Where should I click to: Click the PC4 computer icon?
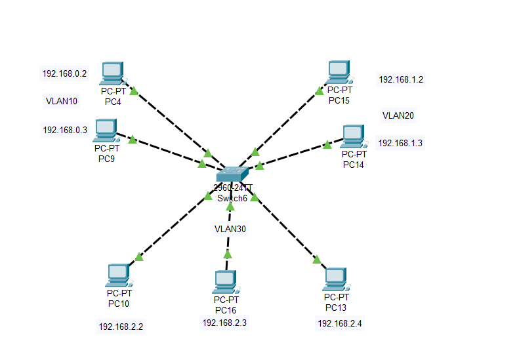click(113, 73)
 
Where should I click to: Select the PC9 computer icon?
click(106, 130)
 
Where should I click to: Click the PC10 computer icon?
click(118, 276)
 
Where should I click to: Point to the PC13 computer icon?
click(335, 279)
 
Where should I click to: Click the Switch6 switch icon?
click(232, 174)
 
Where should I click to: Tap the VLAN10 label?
click(62, 102)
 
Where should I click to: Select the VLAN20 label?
click(398, 115)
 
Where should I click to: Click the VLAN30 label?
click(230, 229)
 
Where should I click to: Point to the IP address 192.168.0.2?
click(64, 74)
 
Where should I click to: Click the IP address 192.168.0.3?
click(65, 130)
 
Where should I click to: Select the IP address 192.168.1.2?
click(401, 80)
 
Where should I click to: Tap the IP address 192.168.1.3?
click(400, 143)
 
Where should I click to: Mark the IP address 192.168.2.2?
click(121, 327)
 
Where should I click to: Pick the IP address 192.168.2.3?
click(224, 323)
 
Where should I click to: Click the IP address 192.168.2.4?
click(340, 323)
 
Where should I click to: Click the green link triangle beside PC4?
click(134, 91)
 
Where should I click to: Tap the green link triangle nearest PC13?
click(317, 260)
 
